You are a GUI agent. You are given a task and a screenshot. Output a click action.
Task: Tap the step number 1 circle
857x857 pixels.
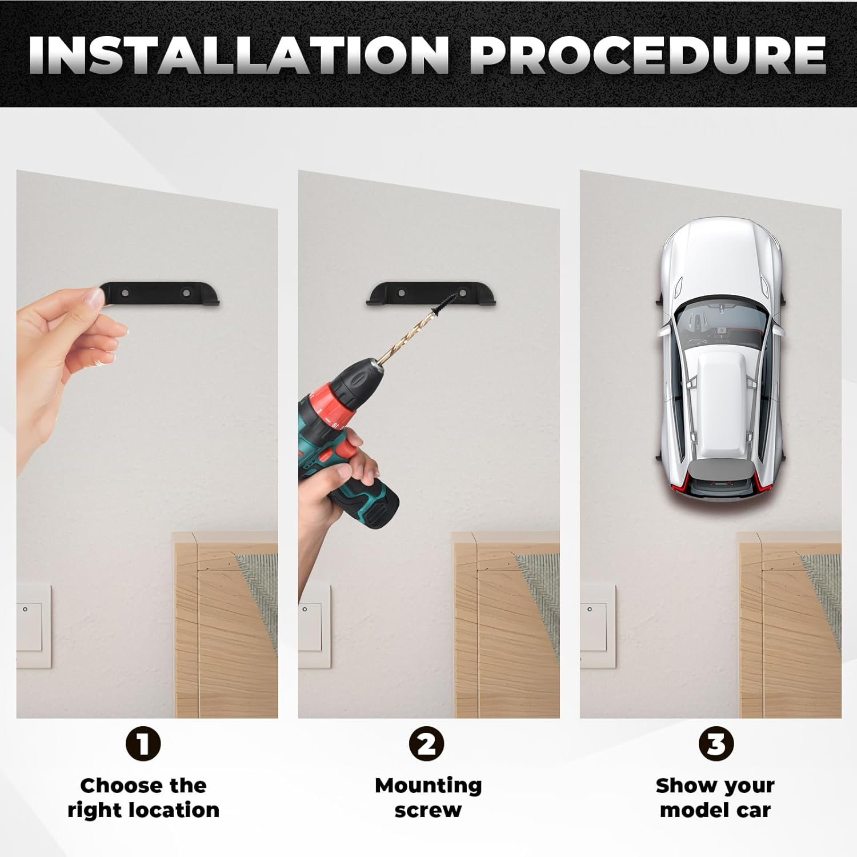[x=143, y=744]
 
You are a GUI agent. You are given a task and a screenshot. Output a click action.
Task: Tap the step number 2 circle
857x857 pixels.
[x=427, y=744]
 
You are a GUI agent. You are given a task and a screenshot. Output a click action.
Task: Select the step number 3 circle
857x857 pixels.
[x=716, y=744]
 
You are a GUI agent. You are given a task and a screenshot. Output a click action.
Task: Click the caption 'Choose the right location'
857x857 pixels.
[x=143, y=798]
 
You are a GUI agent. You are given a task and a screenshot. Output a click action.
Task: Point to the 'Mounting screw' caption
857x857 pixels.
[x=428, y=798]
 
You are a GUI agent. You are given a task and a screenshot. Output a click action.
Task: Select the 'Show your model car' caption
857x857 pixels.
[x=715, y=798]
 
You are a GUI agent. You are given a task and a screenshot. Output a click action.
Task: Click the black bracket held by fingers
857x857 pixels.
[x=160, y=294]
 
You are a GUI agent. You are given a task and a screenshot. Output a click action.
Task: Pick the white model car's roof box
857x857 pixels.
[x=719, y=394]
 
